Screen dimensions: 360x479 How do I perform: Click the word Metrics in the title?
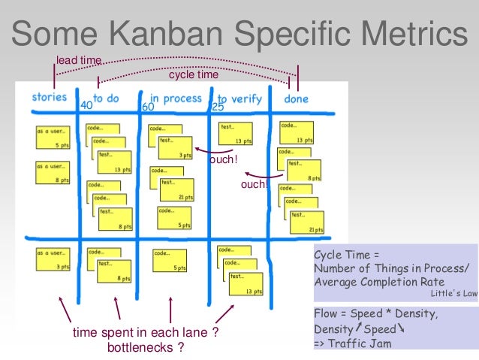pos(407,34)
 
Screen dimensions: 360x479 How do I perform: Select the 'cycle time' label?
pos(193,75)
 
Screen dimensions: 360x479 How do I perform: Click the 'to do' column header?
pos(106,98)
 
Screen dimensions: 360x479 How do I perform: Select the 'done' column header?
pos(296,98)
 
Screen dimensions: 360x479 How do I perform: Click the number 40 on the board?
pos(86,106)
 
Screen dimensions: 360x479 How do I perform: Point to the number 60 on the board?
pos(148,107)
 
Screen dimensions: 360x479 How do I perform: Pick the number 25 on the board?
pos(218,107)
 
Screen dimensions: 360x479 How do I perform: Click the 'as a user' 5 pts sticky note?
pos(53,137)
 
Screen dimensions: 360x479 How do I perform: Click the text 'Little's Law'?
pos(455,294)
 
